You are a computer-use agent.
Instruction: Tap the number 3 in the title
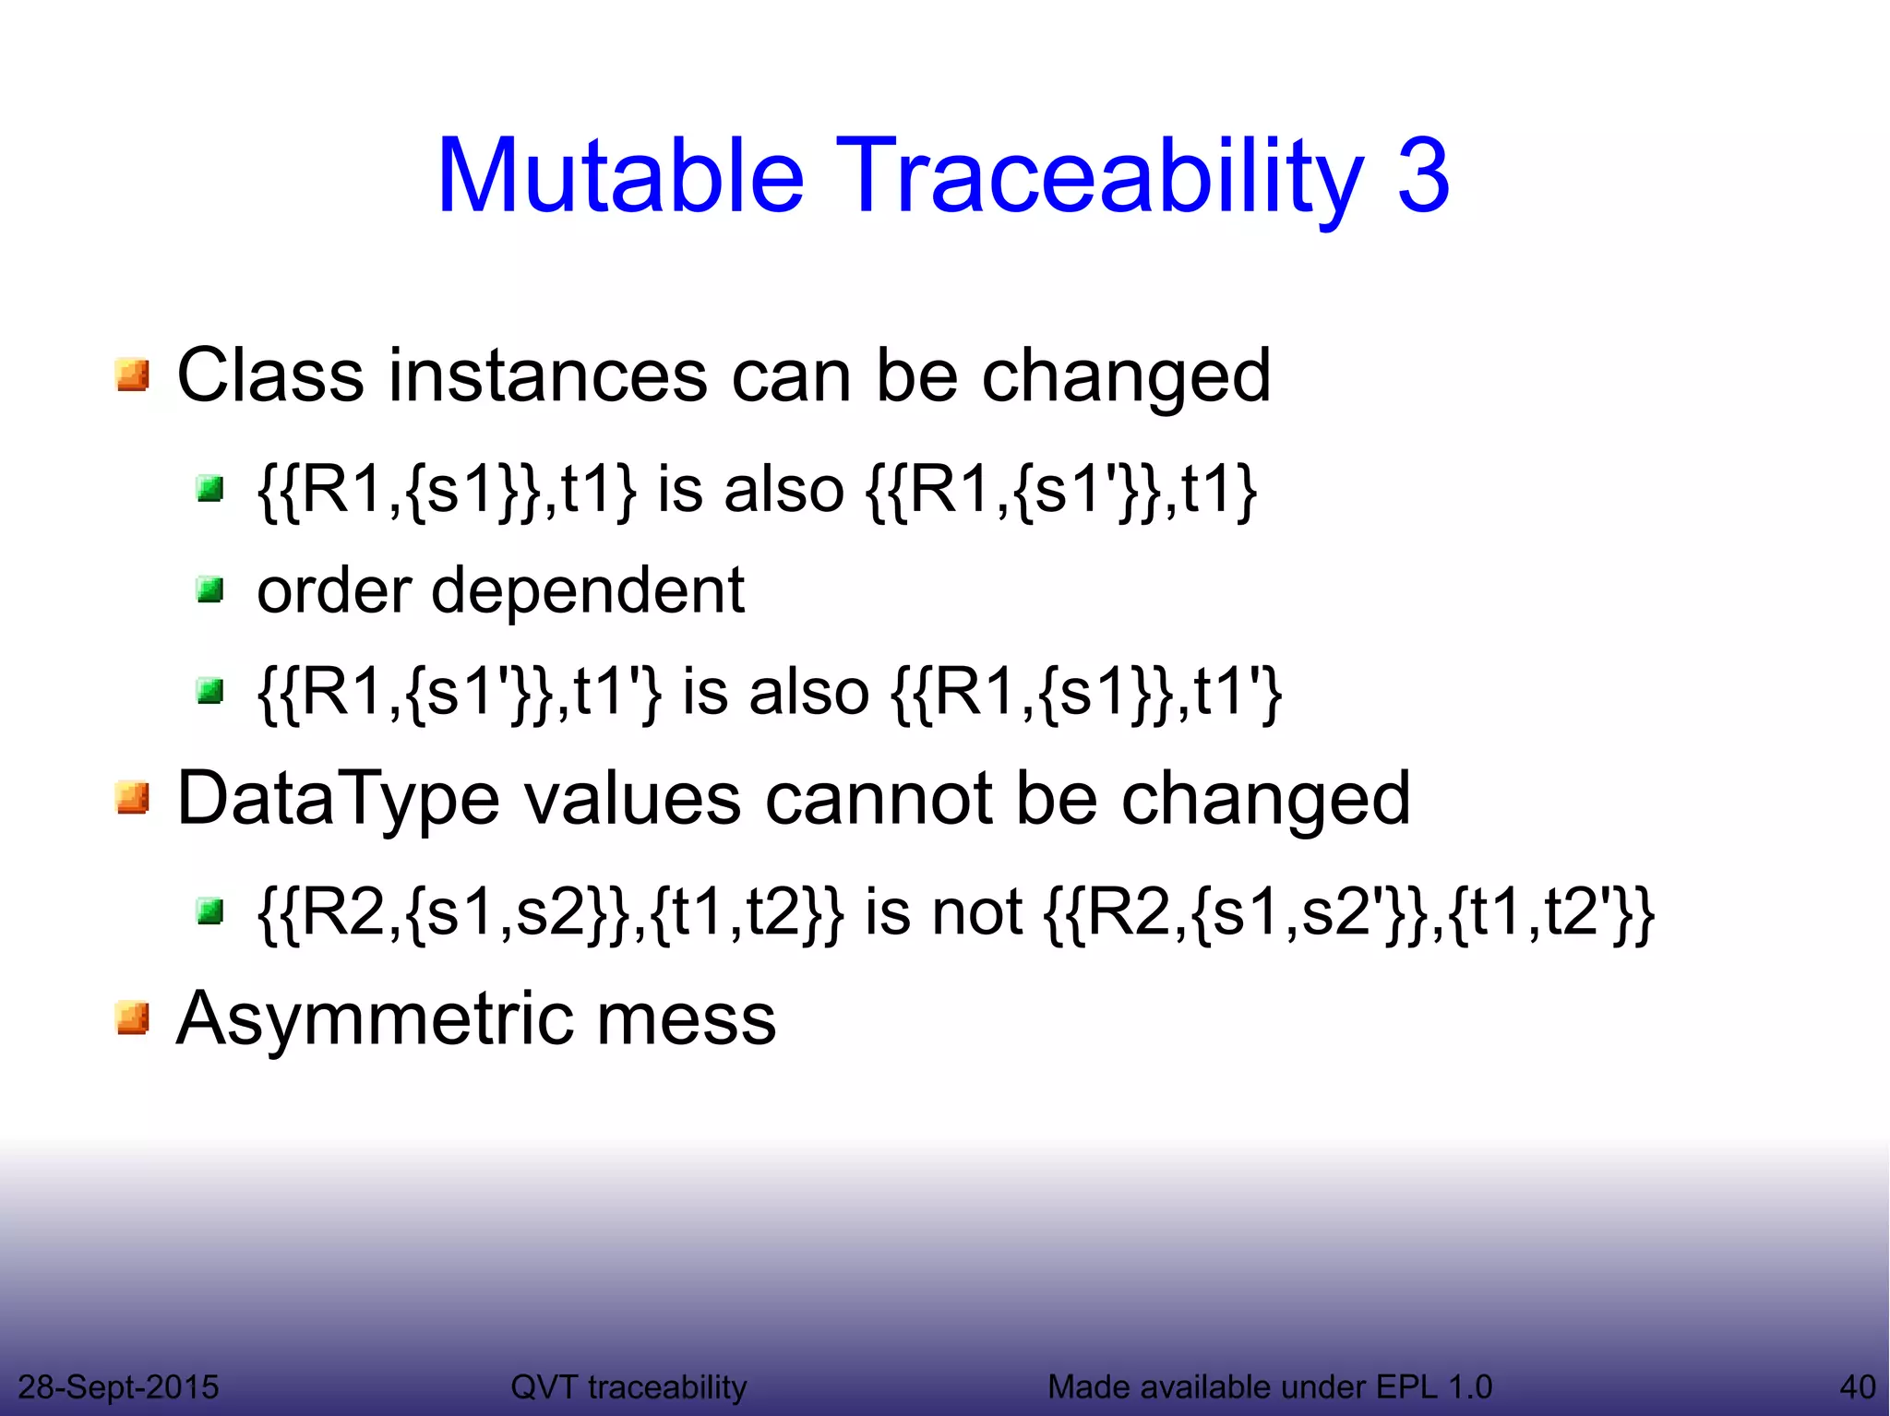point(1422,175)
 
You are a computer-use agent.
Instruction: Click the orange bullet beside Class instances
point(133,375)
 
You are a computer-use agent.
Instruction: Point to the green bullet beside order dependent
point(210,589)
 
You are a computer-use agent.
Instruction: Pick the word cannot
point(878,798)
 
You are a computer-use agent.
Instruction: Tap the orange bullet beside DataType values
point(133,798)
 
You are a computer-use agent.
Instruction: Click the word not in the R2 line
point(976,912)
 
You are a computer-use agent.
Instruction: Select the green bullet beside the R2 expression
point(210,912)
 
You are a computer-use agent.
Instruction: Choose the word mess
point(686,1018)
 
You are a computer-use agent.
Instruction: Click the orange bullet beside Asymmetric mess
point(133,1018)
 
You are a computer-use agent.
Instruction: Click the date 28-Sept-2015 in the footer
point(118,1386)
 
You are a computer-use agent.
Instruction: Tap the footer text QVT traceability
point(628,1386)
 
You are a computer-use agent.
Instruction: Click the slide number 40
point(1857,1386)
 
